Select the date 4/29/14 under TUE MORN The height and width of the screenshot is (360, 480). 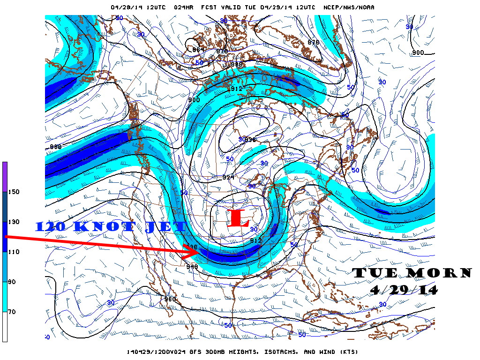(404, 290)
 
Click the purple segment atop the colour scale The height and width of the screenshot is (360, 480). (5, 176)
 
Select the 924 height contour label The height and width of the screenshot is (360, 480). (228, 177)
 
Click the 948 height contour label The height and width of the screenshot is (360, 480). (192, 267)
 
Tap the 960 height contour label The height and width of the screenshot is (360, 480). (170, 299)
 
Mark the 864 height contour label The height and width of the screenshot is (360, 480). (199, 50)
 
